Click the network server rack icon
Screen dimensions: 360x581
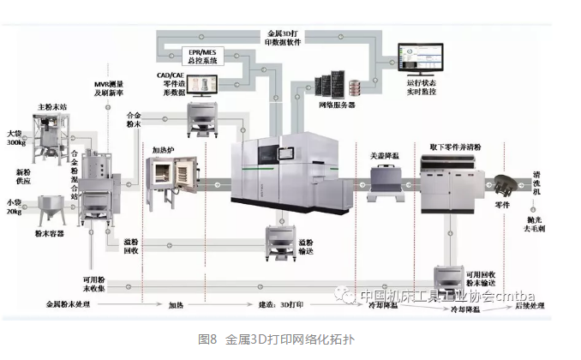coord(341,81)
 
